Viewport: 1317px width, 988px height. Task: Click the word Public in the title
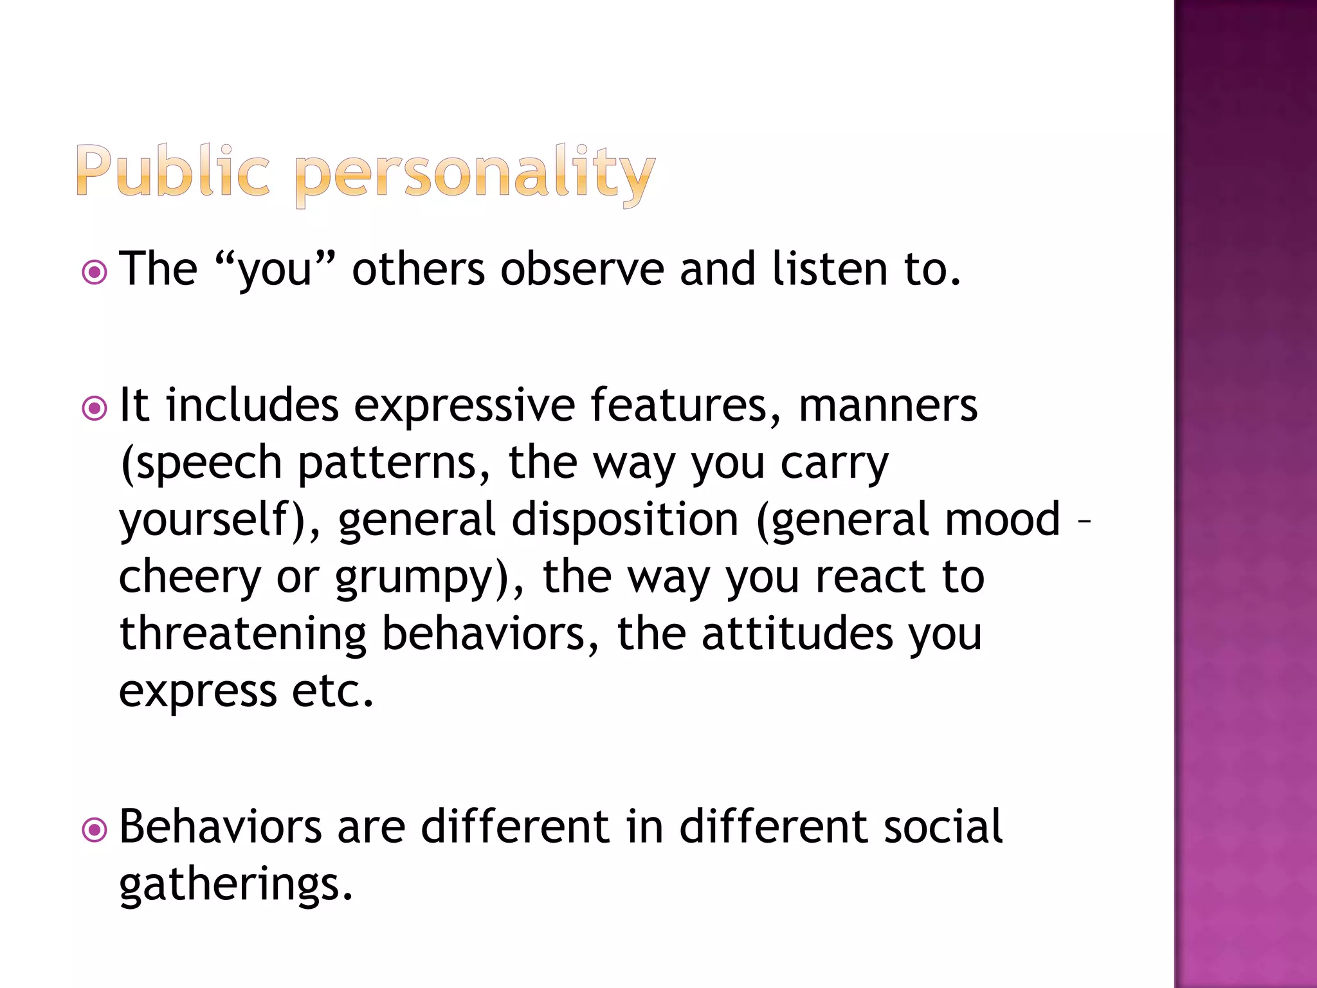click(172, 170)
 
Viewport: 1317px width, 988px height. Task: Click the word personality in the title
click(475, 174)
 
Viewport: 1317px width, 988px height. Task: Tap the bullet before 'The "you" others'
click(95, 272)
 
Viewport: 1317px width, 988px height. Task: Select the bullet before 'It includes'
click(95, 408)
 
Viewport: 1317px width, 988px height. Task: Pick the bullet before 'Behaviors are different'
click(95, 830)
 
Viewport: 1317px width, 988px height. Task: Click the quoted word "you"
click(275, 270)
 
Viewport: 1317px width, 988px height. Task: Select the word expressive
click(464, 407)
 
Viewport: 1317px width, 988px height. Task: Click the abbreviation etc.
click(332, 691)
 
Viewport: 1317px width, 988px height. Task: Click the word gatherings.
click(236, 885)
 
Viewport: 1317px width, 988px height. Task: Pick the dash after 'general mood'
click(1084, 521)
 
